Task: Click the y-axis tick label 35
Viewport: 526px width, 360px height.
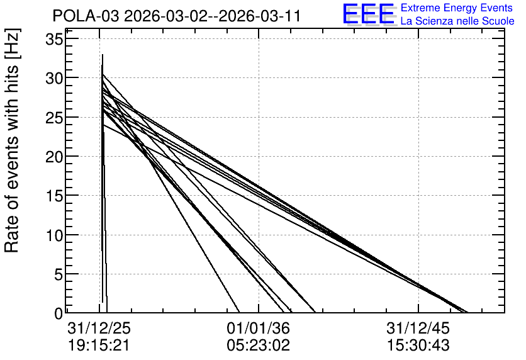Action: (54, 40)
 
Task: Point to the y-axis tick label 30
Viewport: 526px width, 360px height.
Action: (54, 79)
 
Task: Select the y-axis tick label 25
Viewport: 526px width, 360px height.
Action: (54, 118)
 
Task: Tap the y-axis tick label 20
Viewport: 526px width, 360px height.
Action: (54, 157)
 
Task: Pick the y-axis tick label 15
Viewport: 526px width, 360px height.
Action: (54, 196)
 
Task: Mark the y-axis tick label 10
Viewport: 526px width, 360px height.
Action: (54, 235)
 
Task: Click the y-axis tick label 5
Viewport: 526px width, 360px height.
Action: (59, 275)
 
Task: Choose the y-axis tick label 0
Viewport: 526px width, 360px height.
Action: (59, 313)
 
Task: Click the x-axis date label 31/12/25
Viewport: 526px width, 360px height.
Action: (99, 328)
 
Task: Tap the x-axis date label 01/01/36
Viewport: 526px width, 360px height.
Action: (259, 328)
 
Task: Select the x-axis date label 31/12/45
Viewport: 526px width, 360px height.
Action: (418, 328)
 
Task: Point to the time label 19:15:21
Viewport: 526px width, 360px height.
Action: (99, 345)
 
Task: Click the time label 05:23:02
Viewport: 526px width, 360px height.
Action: (259, 345)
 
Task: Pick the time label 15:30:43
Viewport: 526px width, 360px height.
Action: (418, 345)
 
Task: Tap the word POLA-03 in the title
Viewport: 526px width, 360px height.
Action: (86, 16)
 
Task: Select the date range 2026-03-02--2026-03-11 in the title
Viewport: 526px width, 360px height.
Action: (212, 16)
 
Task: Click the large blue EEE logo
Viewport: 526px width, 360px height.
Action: (369, 14)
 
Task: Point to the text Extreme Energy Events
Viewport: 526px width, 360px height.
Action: (457, 8)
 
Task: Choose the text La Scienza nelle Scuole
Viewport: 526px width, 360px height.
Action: (457, 21)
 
